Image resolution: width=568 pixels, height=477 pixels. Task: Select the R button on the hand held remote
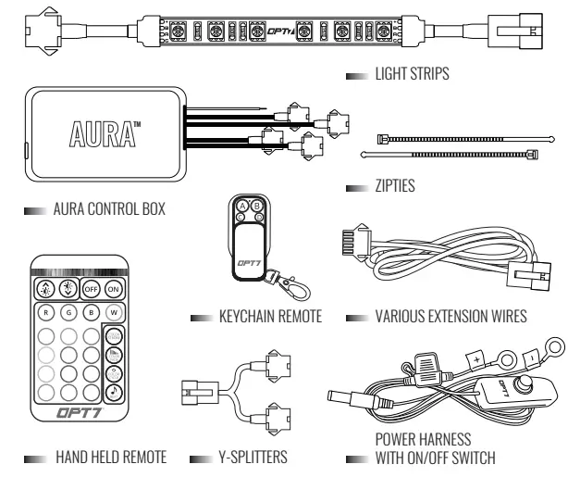[x=44, y=312]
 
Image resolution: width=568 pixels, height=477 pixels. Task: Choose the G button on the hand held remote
[x=68, y=312]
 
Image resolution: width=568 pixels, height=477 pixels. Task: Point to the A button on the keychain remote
[x=243, y=206]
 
